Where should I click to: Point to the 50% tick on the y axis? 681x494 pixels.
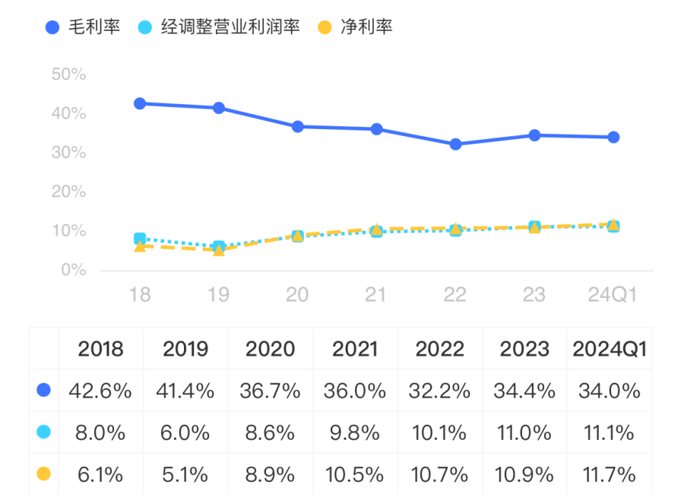pyautogui.click(x=68, y=74)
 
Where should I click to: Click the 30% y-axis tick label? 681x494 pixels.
pyautogui.click(x=68, y=153)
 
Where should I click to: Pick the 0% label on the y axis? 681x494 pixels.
pyautogui.click(x=73, y=270)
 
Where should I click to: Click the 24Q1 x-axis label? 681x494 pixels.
pyautogui.click(x=613, y=295)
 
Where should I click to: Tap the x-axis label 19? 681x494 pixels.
pyautogui.click(x=218, y=295)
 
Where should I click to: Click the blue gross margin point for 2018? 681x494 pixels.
pyautogui.click(x=140, y=103)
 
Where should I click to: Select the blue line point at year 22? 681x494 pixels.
pyautogui.click(x=455, y=144)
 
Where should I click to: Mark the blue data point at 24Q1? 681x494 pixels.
pyautogui.click(x=613, y=137)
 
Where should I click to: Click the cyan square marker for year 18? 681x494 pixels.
pyautogui.click(x=140, y=239)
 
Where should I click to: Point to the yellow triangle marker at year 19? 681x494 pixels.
pyautogui.click(x=219, y=249)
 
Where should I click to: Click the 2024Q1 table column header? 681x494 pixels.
pyautogui.click(x=610, y=349)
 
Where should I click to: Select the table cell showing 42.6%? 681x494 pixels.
pyautogui.click(x=100, y=391)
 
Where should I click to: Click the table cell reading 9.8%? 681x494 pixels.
pyautogui.click(x=355, y=433)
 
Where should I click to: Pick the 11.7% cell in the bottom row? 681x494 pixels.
pyautogui.click(x=610, y=475)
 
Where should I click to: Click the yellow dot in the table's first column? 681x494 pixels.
pyautogui.click(x=43, y=474)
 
